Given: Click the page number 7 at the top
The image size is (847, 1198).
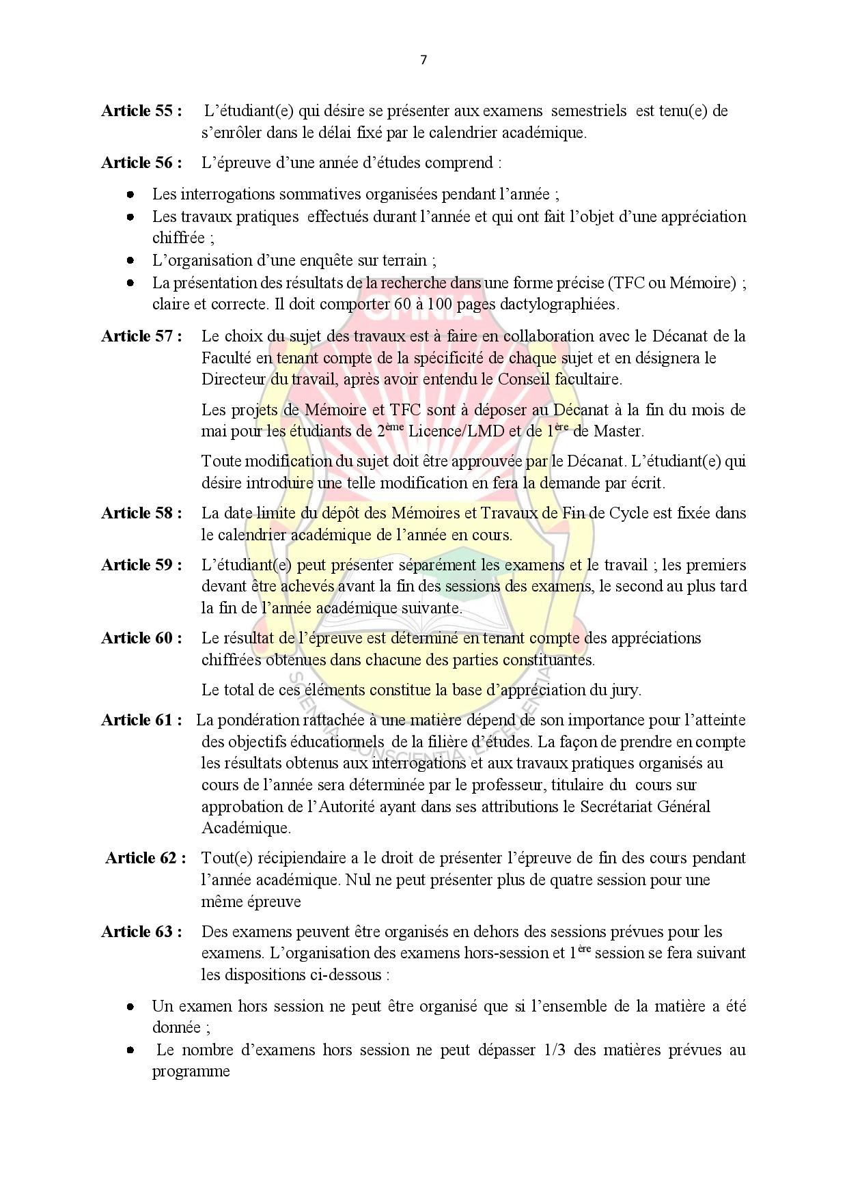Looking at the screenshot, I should [x=423, y=60].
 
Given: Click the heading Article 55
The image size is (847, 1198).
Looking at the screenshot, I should [x=141, y=111].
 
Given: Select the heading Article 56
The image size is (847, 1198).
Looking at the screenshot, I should [x=141, y=163].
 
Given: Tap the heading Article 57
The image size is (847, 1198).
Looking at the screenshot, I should [x=141, y=336].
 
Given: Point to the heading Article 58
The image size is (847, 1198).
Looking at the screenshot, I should [x=141, y=513].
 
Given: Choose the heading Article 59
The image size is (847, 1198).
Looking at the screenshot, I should [x=141, y=565].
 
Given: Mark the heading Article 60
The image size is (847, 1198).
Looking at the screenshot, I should [x=141, y=638].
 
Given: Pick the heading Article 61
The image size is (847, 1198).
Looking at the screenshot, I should [x=141, y=720].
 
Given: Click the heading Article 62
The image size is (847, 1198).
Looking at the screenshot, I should [x=145, y=858].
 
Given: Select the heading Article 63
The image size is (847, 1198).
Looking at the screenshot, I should [x=141, y=932].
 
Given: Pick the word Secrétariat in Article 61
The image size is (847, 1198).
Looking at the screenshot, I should [x=615, y=807].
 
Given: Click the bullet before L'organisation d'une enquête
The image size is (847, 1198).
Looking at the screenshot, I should [x=130, y=260].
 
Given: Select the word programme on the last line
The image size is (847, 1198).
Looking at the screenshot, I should [x=191, y=1071].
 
